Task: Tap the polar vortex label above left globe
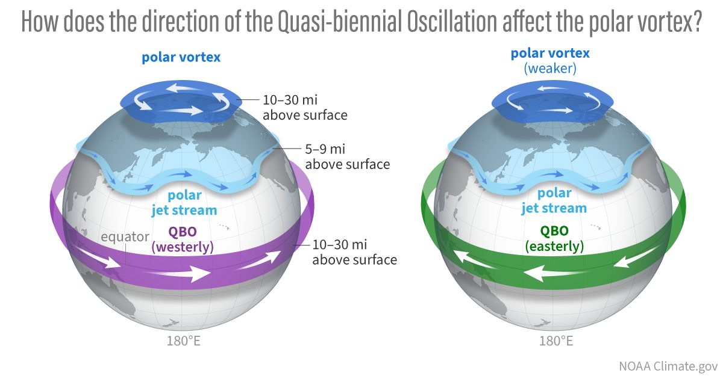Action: pyautogui.click(x=181, y=58)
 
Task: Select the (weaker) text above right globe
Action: pyautogui.click(x=550, y=69)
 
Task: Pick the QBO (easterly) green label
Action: pyautogui.click(x=554, y=239)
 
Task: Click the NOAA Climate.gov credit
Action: pyautogui.click(x=668, y=365)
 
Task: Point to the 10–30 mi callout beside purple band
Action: pyautogui.click(x=354, y=253)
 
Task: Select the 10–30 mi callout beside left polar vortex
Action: pyautogui.click(x=305, y=107)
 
